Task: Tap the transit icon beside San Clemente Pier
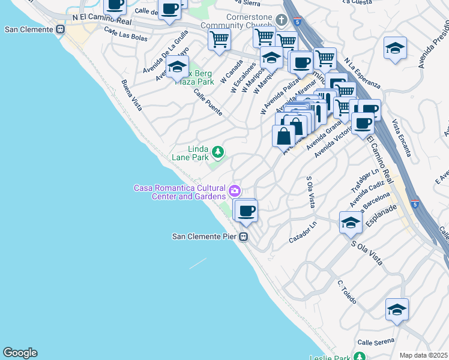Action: tap(243, 236)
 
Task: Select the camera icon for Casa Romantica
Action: tap(234, 191)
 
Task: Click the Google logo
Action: tap(20, 353)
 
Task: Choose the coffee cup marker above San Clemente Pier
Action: tap(246, 211)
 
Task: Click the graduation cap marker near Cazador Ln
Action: tap(351, 223)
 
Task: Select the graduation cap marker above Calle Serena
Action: tap(397, 310)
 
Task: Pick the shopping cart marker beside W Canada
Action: tap(219, 40)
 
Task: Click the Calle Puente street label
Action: tap(208, 103)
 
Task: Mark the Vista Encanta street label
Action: tap(402, 137)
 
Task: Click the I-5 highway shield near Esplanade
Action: tap(415, 204)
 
